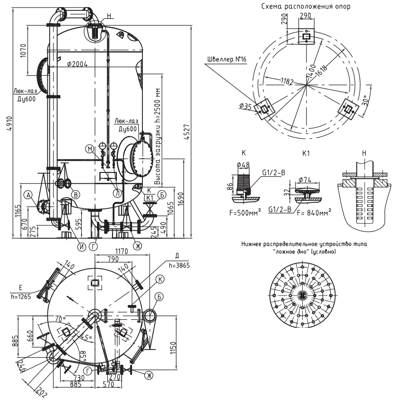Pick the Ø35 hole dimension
point(246,107)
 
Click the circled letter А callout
point(28,195)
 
